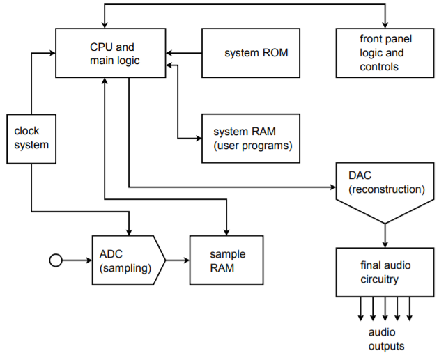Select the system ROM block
(x=250, y=53)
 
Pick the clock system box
(x=31, y=138)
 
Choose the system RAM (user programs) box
(x=251, y=138)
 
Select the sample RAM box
(x=227, y=260)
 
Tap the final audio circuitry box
(x=385, y=272)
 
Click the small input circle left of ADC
(x=56, y=260)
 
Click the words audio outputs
(x=386, y=339)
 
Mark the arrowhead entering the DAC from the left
(x=332, y=187)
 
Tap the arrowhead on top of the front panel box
(x=385, y=24)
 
